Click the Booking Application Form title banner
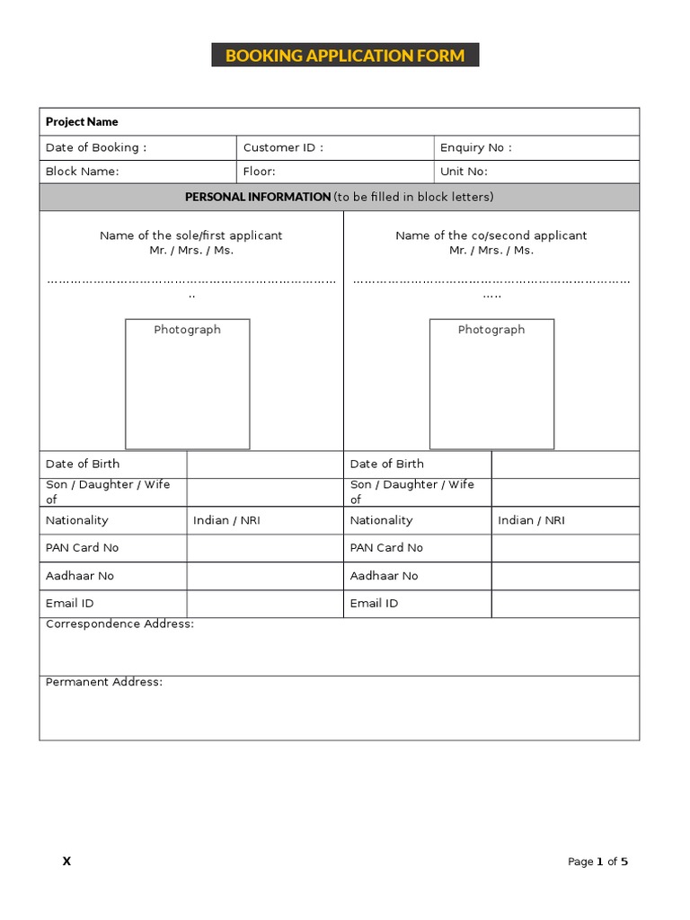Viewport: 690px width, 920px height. coord(345,56)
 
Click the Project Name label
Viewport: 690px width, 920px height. coord(82,121)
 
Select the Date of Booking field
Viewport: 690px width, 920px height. coord(137,147)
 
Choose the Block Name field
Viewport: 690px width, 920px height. coord(137,172)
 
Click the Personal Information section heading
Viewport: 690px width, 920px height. coord(339,197)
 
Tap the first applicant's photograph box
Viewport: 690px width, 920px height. coord(187,385)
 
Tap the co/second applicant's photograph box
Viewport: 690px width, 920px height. coord(491,385)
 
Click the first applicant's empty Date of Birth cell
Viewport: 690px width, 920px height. coord(265,464)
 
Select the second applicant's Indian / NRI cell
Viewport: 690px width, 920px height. coord(531,520)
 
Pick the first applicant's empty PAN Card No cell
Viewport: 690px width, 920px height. coord(265,548)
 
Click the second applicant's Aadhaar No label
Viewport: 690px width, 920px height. coord(384,576)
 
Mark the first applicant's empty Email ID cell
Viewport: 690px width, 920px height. coord(265,604)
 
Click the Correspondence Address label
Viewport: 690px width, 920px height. coord(119,624)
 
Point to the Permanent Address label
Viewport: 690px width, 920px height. coord(104,682)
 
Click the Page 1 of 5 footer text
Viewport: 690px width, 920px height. coord(597,862)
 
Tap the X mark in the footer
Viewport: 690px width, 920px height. coord(66,862)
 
